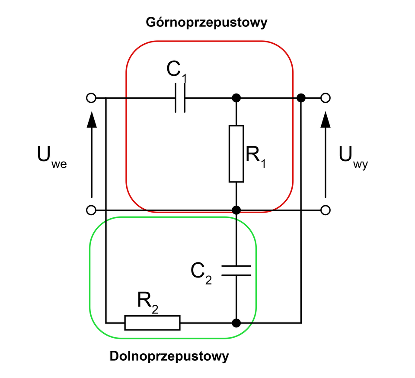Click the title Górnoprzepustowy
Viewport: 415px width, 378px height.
pos(207,22)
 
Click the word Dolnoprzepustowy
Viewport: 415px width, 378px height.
pos(169,356)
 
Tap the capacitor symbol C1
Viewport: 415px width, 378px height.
pos(181,98)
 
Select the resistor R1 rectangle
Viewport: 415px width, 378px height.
pos(236,154)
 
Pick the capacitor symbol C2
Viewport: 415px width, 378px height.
pos(236,270)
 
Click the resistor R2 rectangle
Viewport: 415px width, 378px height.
pos(152,323)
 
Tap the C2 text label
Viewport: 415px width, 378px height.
pos(201,272)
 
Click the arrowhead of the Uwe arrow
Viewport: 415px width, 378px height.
pos(91,119)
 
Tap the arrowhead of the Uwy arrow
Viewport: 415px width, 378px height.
pos(326,119)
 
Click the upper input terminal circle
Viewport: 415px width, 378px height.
pos(91,98)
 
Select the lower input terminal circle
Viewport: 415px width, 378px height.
pos(91,210)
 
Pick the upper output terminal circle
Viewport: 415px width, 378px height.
pos(326,98)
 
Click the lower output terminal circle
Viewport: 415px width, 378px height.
pos(326,210)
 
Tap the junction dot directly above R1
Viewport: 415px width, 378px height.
pos(236,98)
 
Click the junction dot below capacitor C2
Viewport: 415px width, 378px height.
pos(236,323)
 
